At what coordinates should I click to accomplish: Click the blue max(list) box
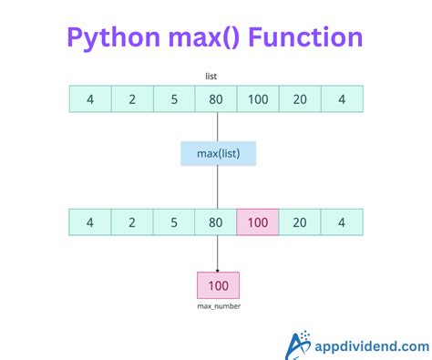point(217,153)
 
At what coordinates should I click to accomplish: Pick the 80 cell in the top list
point(216,98)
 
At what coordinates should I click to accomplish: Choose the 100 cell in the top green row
point(258,98)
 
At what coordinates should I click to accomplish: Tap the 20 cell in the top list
point(300,98)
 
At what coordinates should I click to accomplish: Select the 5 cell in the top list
point(174,98)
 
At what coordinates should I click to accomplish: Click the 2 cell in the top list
point(132,98)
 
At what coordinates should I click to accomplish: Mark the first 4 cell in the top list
point(90,98)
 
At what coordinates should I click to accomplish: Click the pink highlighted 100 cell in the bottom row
point(258,221)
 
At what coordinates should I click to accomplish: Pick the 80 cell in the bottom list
point(216,221)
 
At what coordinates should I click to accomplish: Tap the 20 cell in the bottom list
point(300,221)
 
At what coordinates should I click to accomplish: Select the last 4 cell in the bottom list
point(342,221)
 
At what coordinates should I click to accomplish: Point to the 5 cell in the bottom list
point(174,221)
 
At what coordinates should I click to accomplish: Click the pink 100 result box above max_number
point(218,285)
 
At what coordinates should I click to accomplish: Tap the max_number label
point(218,307)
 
